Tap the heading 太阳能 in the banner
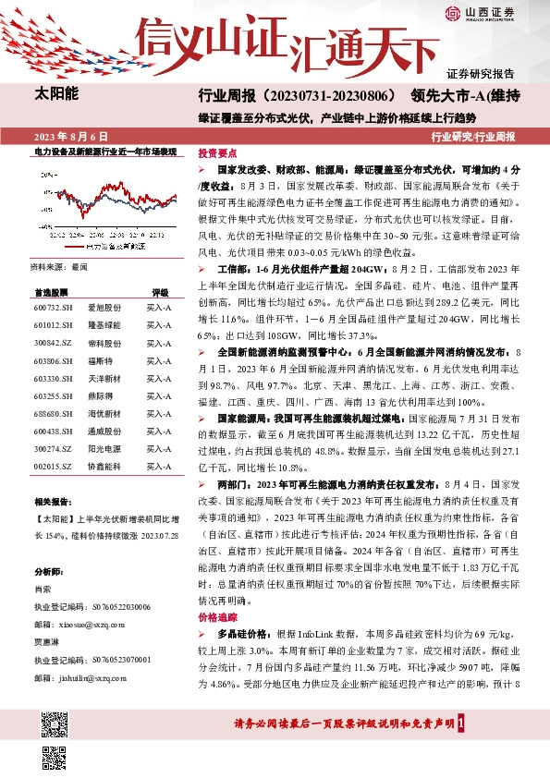(56, 93)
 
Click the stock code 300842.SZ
(54, 342)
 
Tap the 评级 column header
(160, 290)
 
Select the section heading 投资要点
(217, 153)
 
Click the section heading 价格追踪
(217, 615)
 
